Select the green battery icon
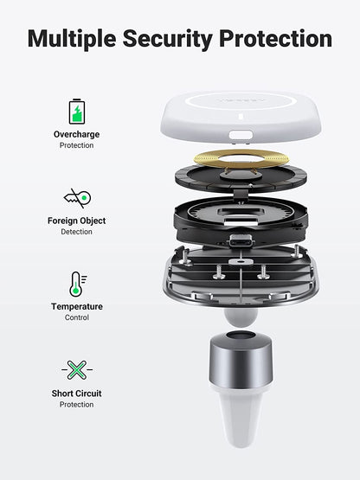coord(76,111)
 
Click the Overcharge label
coord(76,135)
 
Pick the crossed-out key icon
coord(76,198)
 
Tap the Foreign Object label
coord(76,221)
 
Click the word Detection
coord(76,232)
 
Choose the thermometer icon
coord(76,284)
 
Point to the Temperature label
coord(76,306)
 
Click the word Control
coord(76,317)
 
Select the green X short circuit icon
coord(76,370)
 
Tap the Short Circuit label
coord(76,394)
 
